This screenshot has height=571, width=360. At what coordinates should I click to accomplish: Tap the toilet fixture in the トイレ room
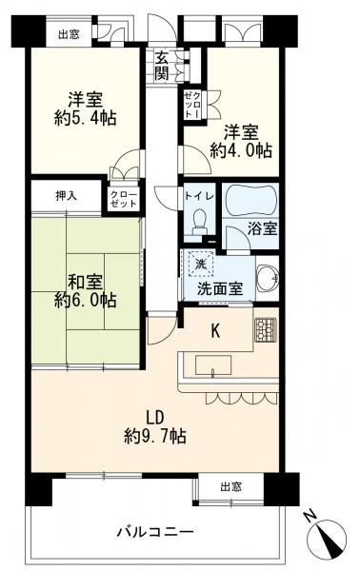(199, 223)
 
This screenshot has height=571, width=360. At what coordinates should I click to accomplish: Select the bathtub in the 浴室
(250, 200)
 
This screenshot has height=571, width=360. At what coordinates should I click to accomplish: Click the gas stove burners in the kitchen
(266, 329)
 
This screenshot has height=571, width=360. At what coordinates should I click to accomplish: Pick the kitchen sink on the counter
(213, 365)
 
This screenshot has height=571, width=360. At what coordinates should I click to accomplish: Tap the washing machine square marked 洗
(200, 264)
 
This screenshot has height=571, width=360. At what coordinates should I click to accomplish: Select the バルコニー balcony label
(155, 532)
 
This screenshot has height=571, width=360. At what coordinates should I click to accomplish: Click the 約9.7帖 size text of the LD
(155, 436)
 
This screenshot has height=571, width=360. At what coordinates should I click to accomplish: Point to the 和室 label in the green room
(86, 283)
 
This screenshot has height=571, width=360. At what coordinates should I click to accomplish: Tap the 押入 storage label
(66, 196)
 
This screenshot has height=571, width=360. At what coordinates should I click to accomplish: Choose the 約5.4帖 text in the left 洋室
(86, 118)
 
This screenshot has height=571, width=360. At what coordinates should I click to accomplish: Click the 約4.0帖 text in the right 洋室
(241, 150)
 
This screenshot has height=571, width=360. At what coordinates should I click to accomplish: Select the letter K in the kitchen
(215, 331)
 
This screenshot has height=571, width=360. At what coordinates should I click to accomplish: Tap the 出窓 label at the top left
(69, 34)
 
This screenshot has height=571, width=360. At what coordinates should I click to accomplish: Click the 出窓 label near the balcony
(231, 486)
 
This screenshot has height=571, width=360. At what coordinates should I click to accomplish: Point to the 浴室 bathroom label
(263, 228)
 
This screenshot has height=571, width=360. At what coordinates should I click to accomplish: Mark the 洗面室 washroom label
(220, 289)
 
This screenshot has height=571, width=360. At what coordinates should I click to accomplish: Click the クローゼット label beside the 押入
(124, 199)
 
